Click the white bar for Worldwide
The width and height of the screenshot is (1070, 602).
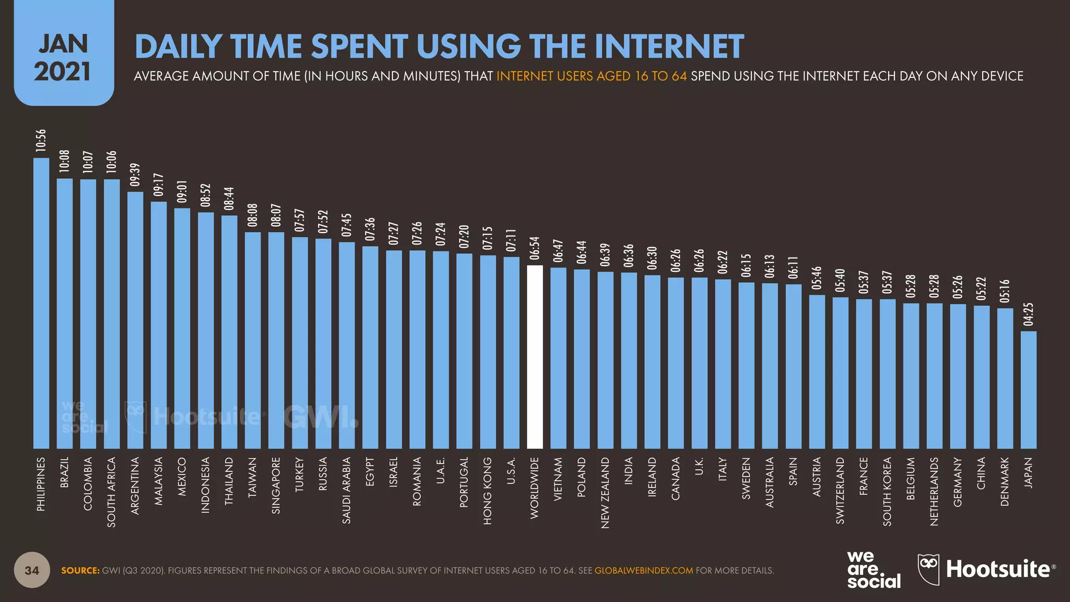click(534, 357)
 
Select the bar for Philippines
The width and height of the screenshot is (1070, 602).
click(41, 303)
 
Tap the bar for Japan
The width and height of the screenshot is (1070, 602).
click(1028, 390)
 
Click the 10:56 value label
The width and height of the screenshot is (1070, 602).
click(41, 141)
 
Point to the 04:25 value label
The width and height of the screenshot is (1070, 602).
click(1028, 315)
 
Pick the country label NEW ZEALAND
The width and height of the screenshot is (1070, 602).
click(605, 493)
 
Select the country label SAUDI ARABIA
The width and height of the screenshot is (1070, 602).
click(346, 490)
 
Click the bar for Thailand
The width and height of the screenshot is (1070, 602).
click(229, 332)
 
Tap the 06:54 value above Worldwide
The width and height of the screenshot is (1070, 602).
click(534, 248)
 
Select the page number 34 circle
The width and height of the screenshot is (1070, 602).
click(32, 570)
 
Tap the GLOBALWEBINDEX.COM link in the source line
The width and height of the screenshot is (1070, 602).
click(644, 571)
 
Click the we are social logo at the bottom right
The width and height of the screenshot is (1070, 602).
click(873, 570)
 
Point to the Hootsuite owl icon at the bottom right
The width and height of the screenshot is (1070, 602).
click(928, 568)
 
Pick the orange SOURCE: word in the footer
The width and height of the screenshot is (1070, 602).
click(80, 571)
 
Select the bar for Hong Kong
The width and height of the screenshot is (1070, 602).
click(487, 352)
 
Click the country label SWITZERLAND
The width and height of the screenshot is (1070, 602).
click(840, 490)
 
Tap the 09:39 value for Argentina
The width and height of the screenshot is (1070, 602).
click(135, 175)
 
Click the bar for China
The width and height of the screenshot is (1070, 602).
click(981, 377)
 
